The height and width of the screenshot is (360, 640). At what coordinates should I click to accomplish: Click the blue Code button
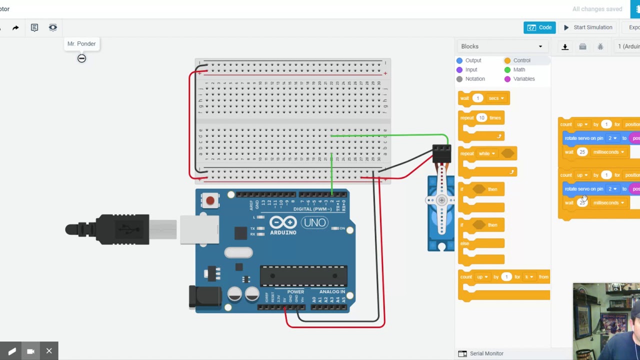tap(539, 27)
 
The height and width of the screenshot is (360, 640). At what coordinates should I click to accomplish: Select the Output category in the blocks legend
tap(472, 60)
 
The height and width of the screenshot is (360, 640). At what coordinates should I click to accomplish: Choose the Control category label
tap(521, 60)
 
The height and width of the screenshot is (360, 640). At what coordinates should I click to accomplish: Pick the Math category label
tap(518, 69)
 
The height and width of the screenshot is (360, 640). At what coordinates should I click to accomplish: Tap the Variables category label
tap(523, 79)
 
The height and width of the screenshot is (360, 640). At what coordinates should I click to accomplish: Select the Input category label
tap(470, 69)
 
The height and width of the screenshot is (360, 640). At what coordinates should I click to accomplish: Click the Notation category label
tap(474, 79)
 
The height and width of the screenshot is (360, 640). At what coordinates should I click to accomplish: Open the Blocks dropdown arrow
tap(540, 46)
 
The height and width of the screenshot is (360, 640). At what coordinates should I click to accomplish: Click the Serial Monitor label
tap(486, 353)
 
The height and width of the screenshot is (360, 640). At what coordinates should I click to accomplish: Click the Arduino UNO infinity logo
tap(283, 222)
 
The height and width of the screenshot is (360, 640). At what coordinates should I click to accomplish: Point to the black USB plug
tap(107, 229)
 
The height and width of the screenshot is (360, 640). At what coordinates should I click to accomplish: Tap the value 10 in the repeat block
tap(481, 118)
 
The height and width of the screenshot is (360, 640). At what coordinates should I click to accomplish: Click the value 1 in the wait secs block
tap(477, 98)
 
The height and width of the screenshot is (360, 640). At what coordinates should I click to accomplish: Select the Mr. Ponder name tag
tap(81, 44)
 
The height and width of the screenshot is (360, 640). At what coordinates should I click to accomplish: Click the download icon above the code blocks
tap(565, 46)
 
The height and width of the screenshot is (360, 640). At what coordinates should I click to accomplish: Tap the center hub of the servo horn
tap(441, 200)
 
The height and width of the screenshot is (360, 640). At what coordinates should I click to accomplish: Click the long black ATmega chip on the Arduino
tap(303, 276)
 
